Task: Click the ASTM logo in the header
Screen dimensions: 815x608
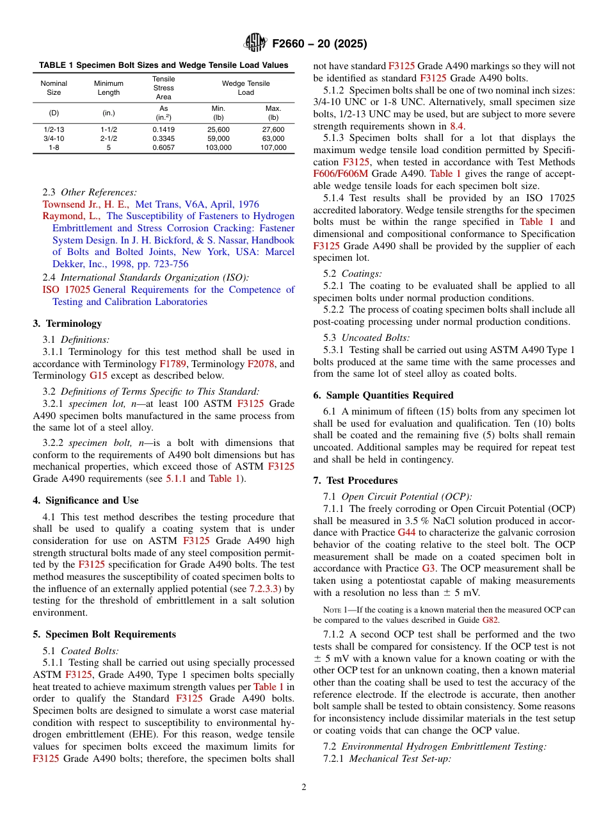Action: pos(255,43)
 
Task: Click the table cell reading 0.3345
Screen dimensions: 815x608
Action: pos(163,138)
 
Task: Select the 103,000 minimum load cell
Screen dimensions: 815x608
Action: pos(218,147)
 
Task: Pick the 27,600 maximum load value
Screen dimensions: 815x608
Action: pos(273,129)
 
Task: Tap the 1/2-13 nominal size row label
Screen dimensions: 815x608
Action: pos(54,129)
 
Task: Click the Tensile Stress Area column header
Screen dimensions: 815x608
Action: pos(163,88)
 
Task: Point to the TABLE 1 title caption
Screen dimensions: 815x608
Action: pos(163,65)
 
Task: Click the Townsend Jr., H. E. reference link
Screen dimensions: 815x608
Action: pos(86,204)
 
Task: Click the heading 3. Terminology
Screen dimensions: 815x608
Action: pos(67,324)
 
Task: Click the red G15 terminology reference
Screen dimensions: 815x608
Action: pos(98,375)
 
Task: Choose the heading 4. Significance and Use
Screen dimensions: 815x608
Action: pos(86,500)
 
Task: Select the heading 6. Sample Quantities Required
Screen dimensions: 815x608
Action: pos(383,395)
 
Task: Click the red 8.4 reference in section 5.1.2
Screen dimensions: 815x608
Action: pos(456,126)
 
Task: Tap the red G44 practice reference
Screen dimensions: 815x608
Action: pos(406,532)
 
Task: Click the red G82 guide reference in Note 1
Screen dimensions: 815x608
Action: pos(490,620)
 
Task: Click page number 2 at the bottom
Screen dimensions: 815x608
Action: pos(304,787)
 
